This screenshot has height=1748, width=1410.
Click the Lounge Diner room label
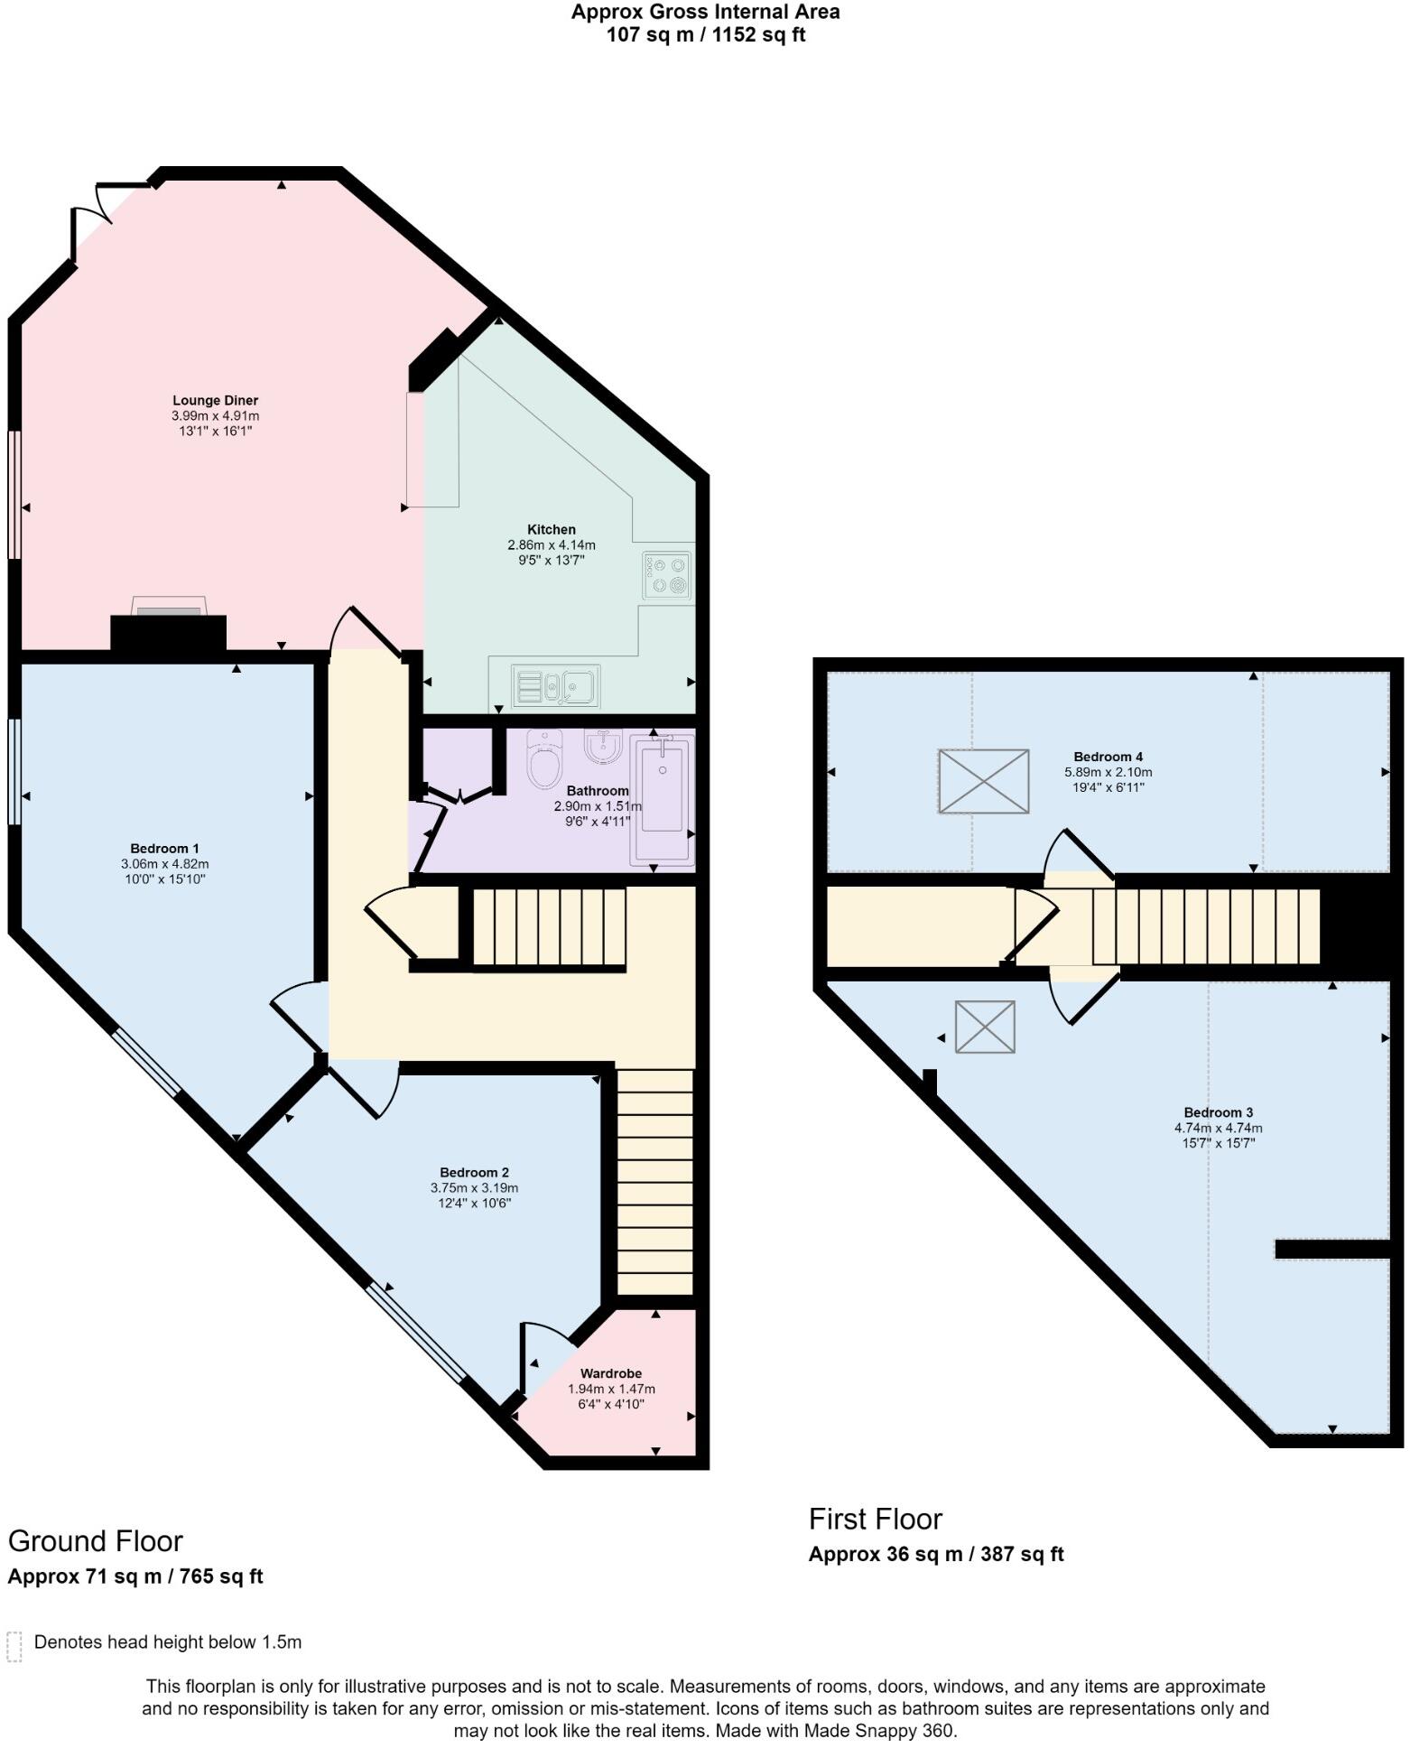(x=215, y=401)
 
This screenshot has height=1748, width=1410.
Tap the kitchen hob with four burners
(x=667, y=575)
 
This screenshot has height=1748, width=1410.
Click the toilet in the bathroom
(x=544, y=758)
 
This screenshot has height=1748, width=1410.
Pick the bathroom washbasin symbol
(x=602, y=746)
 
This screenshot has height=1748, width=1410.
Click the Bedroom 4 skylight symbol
(x=983, y=781)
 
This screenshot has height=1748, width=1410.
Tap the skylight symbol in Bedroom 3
(x=985, y=1027)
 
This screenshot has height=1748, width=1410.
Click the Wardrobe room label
(x=611, y=1373)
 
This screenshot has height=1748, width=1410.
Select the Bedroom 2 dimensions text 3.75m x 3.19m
(x=474, y=1188)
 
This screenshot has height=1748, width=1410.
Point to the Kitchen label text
(x=552, y=530)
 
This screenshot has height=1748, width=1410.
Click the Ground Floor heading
(x=96, y=1540)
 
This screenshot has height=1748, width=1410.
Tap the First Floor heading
(x=875, y=1519)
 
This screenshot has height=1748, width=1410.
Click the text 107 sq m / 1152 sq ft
(x=705, y=35)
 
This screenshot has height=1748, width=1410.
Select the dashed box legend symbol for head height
(x=14, y=1646)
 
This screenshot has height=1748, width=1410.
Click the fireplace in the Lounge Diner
(x=168, y=623)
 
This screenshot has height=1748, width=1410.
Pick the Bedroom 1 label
(x=164, y=849)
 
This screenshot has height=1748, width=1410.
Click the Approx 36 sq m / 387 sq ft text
(x=936, y=1554)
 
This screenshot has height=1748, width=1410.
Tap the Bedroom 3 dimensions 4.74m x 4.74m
(x=1218, y=1128)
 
